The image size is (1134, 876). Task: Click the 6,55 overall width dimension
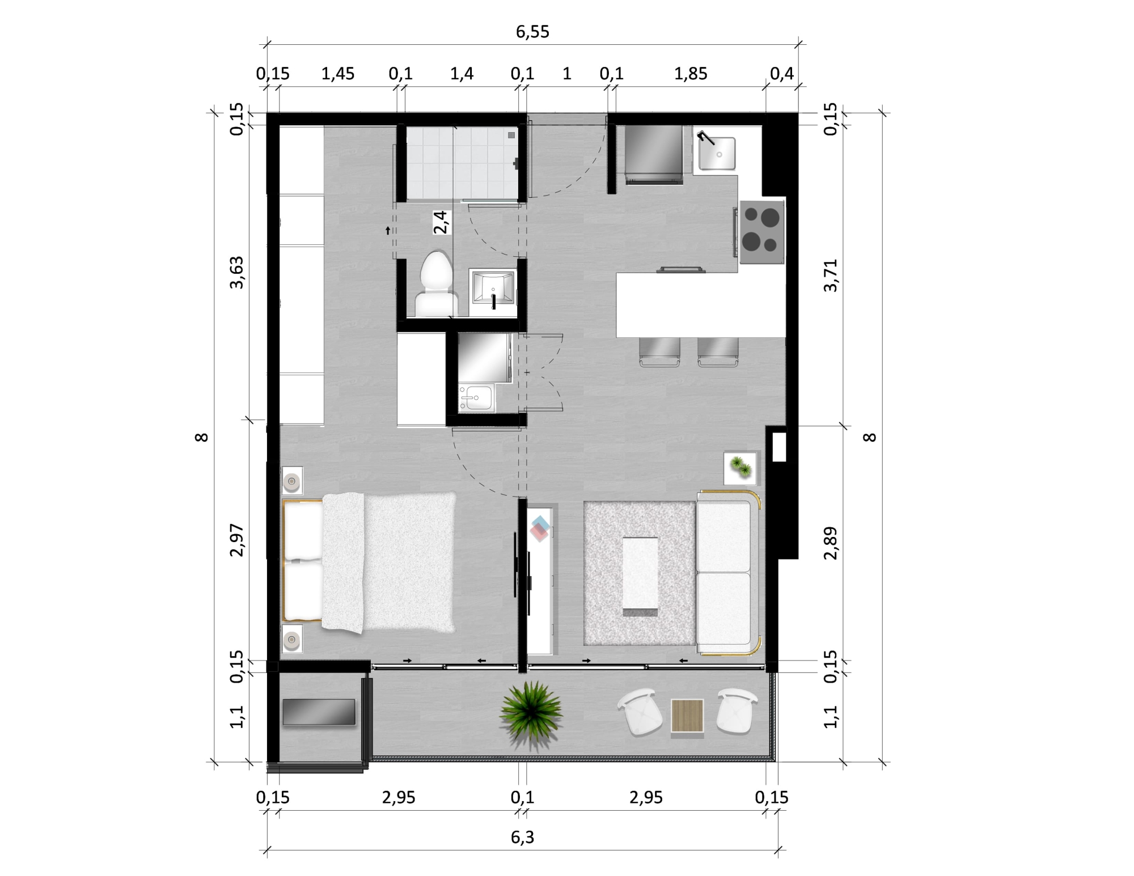point(532,32)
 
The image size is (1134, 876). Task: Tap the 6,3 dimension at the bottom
point(522,837)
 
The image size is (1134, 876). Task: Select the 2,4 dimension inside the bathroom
point(441,222)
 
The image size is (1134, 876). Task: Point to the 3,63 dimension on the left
point(236,273)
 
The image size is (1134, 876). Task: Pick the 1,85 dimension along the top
point(691,74)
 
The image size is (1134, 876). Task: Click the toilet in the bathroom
point(436,283)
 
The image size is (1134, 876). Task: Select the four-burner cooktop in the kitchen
point(761,232)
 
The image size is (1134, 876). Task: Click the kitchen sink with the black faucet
point(716,152)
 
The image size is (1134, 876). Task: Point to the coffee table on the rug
point(640,577)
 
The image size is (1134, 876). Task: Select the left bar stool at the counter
point(659,352)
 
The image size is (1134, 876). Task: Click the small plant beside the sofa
point(741,467)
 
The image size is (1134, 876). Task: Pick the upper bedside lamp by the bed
point(292,481)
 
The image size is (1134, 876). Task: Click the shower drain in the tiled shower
point(511,135)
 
